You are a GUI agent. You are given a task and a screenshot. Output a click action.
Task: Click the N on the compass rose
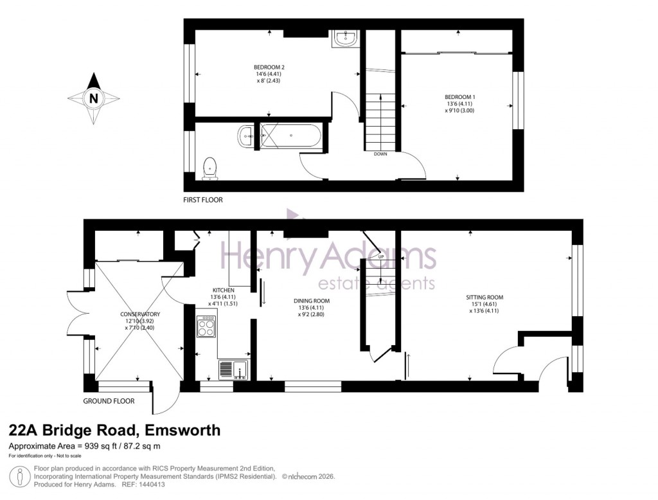click(x=94, y=98)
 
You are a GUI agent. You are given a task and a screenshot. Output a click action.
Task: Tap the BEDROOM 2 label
click(x=269, y=67)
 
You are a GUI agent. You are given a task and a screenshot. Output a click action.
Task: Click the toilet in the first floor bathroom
click(x=209, y=168)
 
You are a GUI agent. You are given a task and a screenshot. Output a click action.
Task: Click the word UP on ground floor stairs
click(x=381, y=257)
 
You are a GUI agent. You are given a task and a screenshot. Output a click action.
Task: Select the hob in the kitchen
click(x=206, y=328)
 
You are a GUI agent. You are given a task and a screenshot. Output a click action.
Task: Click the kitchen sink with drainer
click(x=233, y=369)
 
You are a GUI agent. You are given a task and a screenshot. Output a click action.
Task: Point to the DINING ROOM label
click(x=312, y=301)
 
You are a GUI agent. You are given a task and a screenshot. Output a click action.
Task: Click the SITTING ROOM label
click(x=485, y=298)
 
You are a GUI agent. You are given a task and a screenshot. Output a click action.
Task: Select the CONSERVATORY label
click(x=140, y=314)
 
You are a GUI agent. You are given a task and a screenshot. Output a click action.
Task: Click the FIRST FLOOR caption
click(x=203, y=200)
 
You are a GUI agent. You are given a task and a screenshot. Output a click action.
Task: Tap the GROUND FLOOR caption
click(x=109, y=400)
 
